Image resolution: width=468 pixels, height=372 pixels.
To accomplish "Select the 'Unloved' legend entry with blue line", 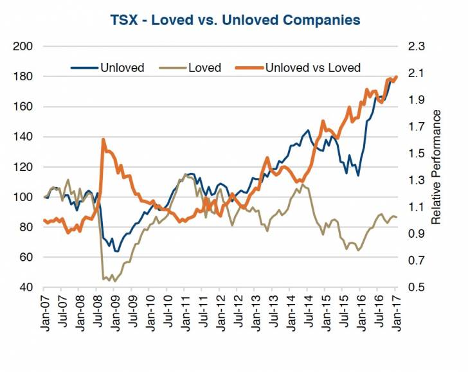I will pyautogui.click(x=122, y=67).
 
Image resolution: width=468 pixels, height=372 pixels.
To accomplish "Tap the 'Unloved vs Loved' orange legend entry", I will pyautogui.click(x=312, y=67).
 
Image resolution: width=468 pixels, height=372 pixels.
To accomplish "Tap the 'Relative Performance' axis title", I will pyautogui.click(x=437, y=166).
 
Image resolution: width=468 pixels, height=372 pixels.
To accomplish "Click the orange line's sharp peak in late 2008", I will pyautogui.click(x=103, y=139).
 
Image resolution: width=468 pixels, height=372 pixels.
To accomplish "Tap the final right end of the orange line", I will pyautogui.click(x=397, y=76).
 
